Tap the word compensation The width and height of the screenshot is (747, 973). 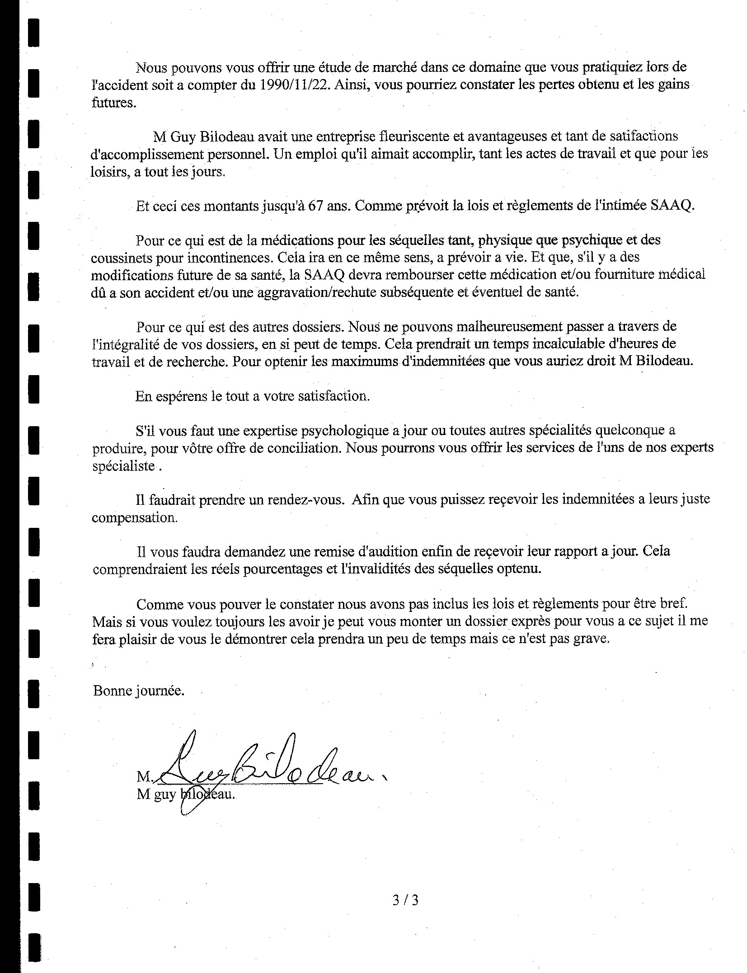pos(134,517)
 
